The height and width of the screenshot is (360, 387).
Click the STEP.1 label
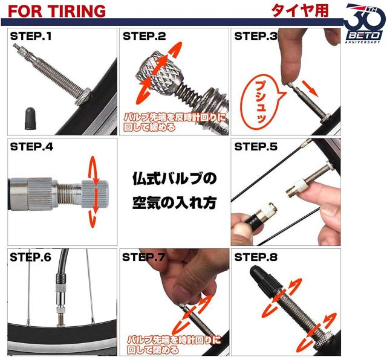tap(31, 36)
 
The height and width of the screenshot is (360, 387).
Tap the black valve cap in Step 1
tap(30, 118)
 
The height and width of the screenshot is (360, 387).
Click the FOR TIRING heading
tap(57, 11)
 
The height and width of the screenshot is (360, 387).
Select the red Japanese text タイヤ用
tap(300, 11)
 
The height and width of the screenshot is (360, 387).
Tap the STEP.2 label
tap(145, 36)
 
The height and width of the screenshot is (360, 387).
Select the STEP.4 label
tap(31, 147)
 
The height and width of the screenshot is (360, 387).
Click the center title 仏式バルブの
tap(175, 179)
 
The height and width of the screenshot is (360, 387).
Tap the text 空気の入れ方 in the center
tap(175, 203)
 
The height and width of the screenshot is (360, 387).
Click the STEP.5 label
tap(256, 147)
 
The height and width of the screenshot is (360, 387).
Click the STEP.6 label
tap(31, 257)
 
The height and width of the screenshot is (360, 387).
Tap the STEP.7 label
tap(143, 257)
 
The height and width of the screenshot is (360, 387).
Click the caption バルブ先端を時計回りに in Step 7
tap(174, 340)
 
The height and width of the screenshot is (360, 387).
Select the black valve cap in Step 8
tap(266, 280)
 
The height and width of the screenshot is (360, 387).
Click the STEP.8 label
tap(256, 257)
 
